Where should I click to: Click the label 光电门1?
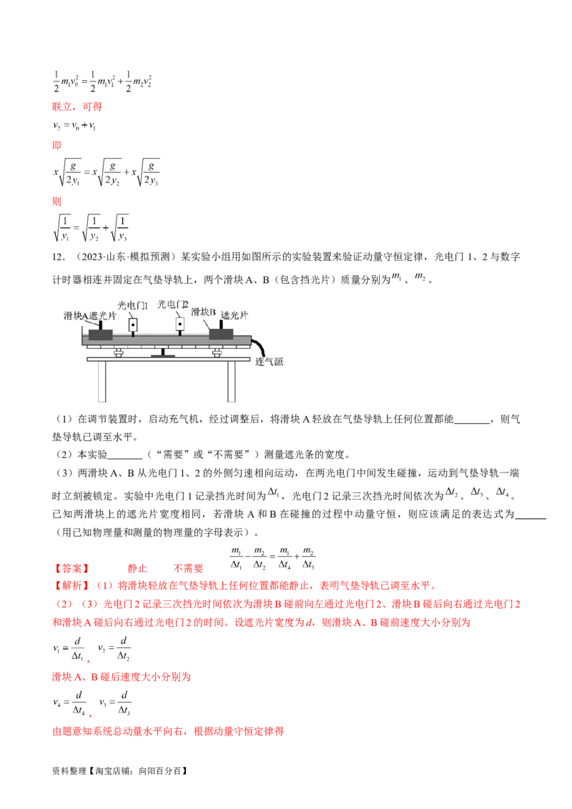(x=132, y=305)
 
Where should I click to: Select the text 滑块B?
(x=204, y=312)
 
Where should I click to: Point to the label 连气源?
(x=270, y=362)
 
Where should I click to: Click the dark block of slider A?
(x=100, y=334)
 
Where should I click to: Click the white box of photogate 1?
(x=133, y=325)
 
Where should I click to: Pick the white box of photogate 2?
(x=180, y=325)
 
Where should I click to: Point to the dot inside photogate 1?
(x=133, y=326)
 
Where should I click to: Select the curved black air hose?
(x=261, y=347)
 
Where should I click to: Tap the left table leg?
(x=102, y=382)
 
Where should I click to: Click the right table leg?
(x=232, y=382)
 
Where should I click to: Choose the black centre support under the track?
(x=163, y=352)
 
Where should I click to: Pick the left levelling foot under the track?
(x=118, y=352)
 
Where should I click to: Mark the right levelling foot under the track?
(x=215, y=352)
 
